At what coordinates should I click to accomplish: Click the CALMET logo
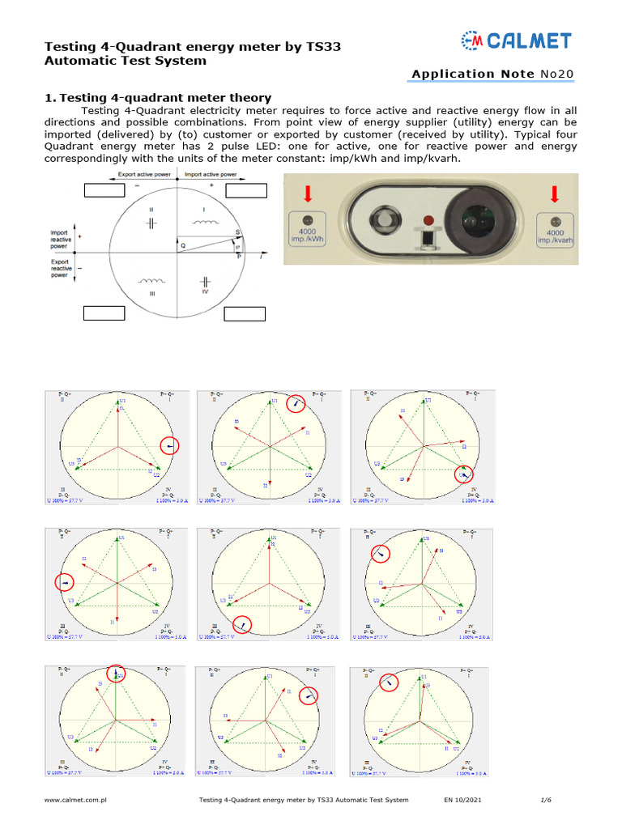pyautogui.click(x=516, y=41)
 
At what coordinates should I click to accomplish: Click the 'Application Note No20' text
pyautogui.click(x=492, y=74)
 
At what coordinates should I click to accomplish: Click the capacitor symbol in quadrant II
pyautogui.click(x=151, y=221)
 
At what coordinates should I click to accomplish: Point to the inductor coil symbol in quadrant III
pyautogui.click(x=151, y=283)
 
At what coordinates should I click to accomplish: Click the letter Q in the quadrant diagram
pyautogui.click(x=183, y=245)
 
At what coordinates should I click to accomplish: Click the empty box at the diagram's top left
pyautogui.click(x=104, y=190)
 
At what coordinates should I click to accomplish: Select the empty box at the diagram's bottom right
pyautogui.click(x=245, y=314)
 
